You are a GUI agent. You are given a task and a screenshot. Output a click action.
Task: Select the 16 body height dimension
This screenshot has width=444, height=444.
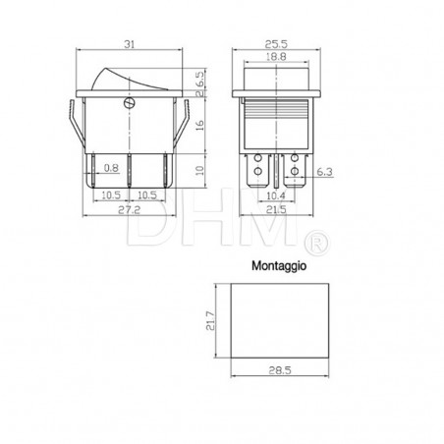coord(201,126)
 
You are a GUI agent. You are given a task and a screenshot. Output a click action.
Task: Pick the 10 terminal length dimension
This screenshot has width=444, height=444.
coord(201,170)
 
